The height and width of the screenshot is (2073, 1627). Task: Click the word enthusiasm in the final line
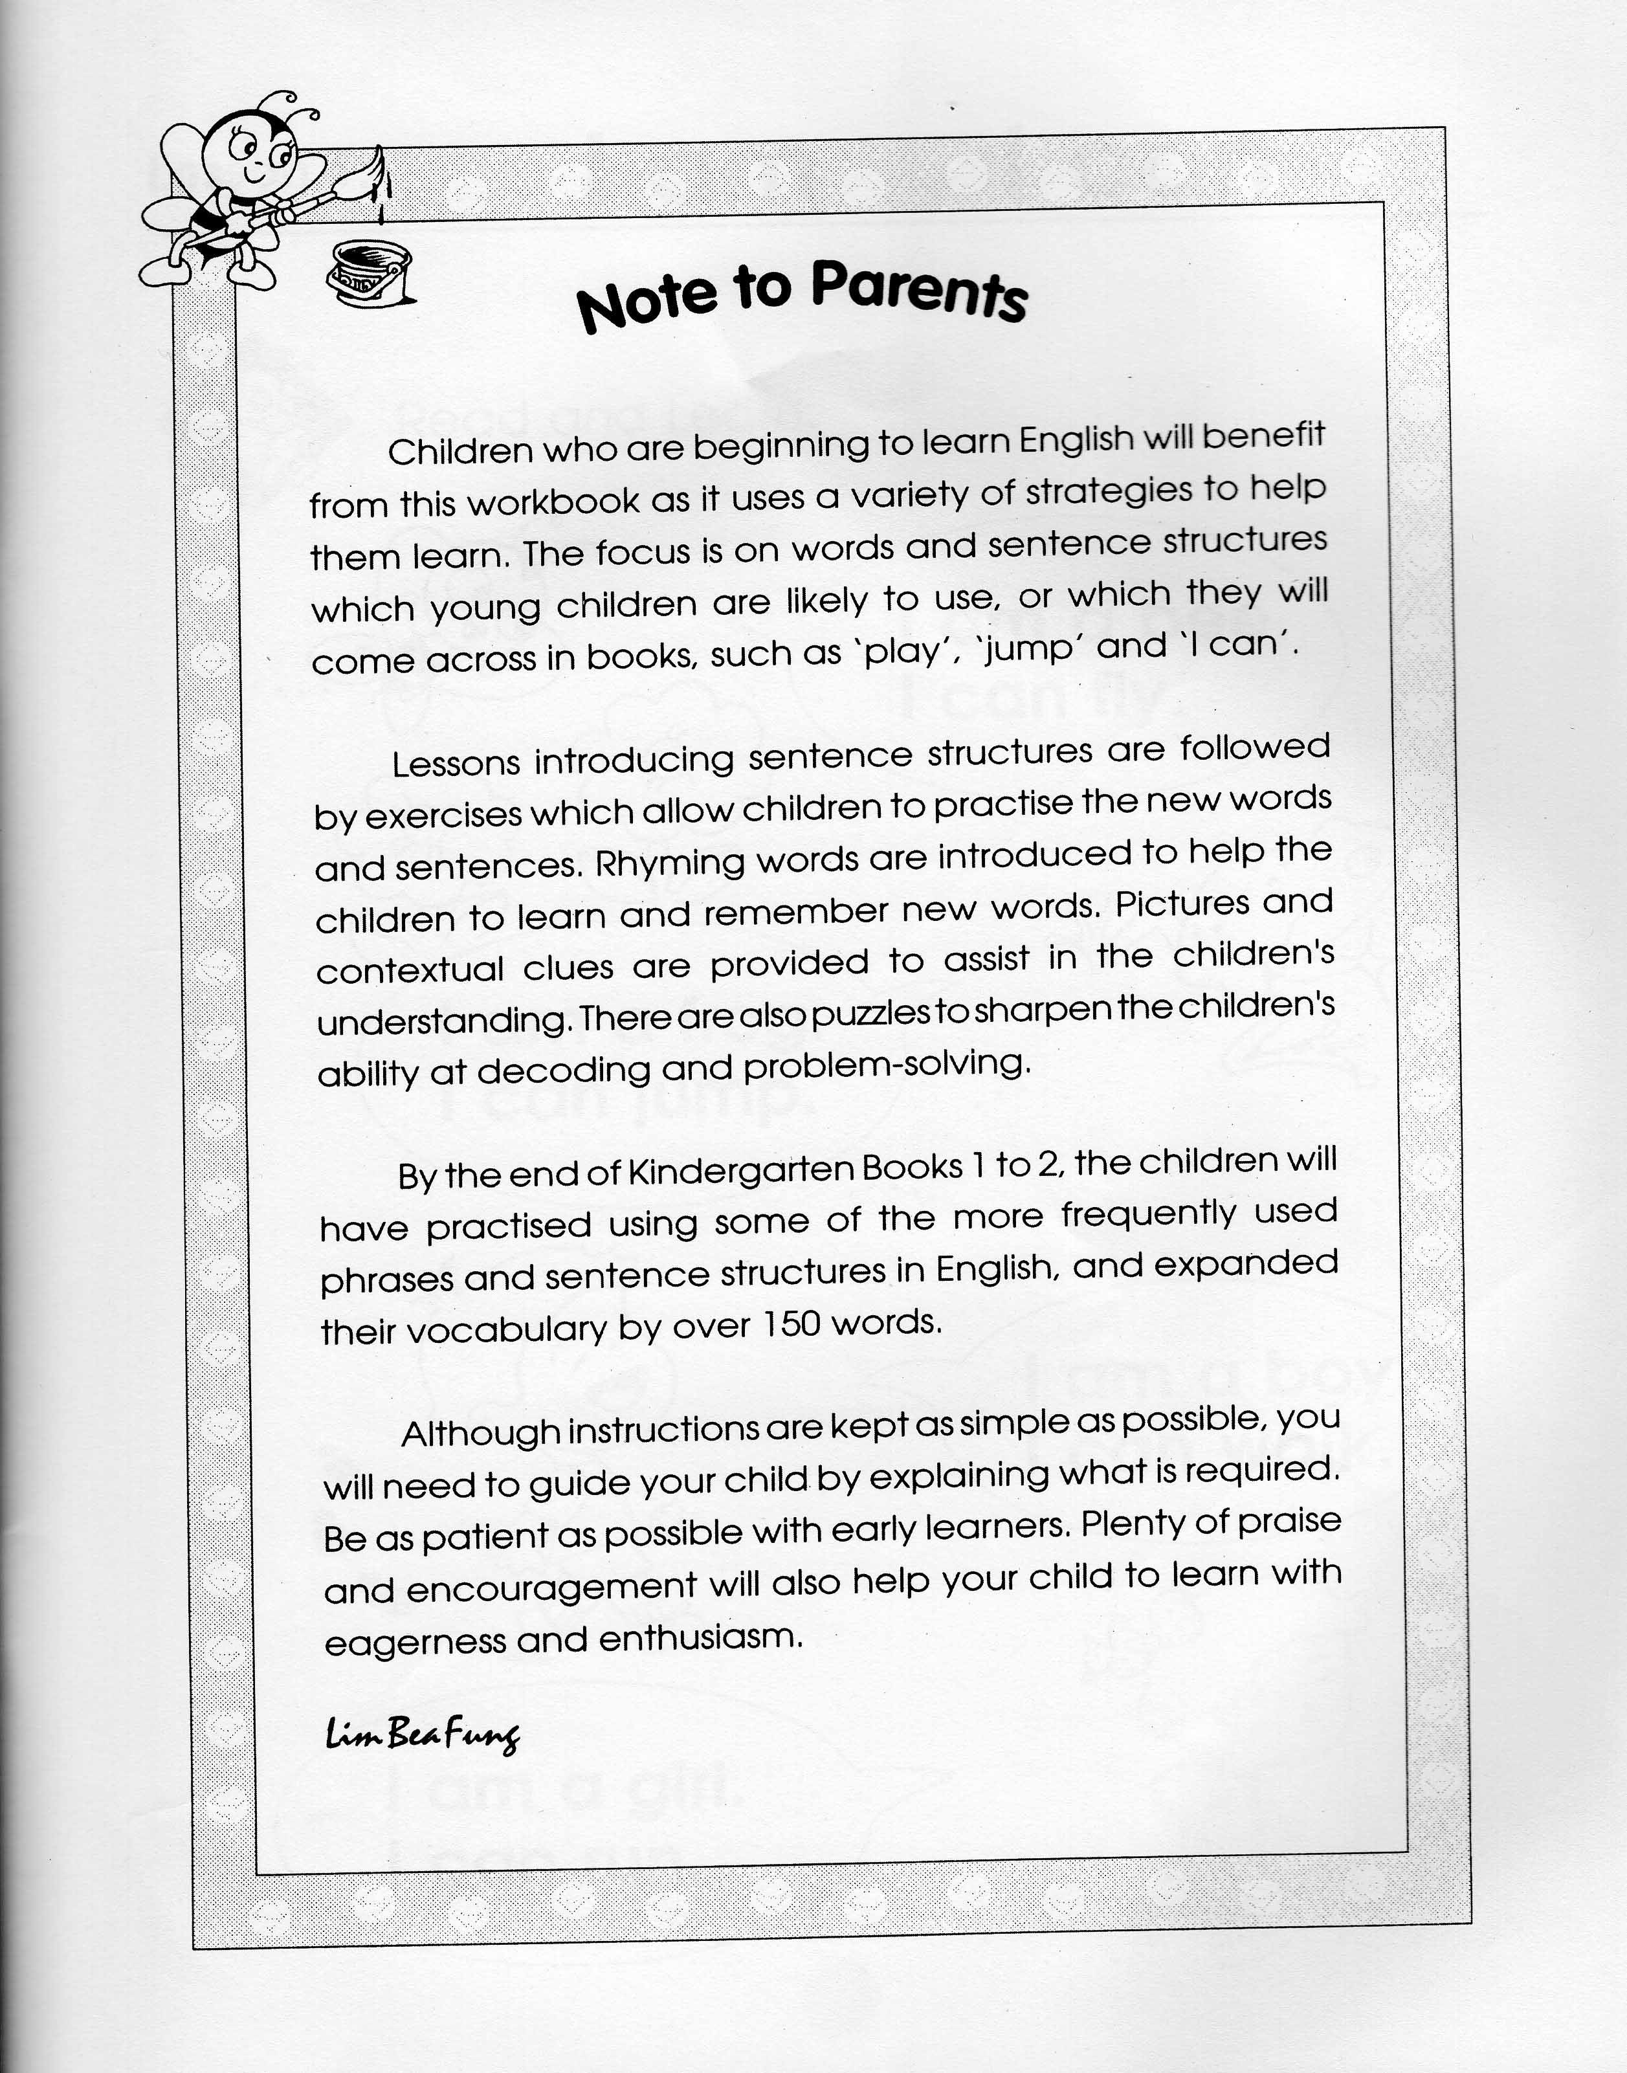(700, 1637)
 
